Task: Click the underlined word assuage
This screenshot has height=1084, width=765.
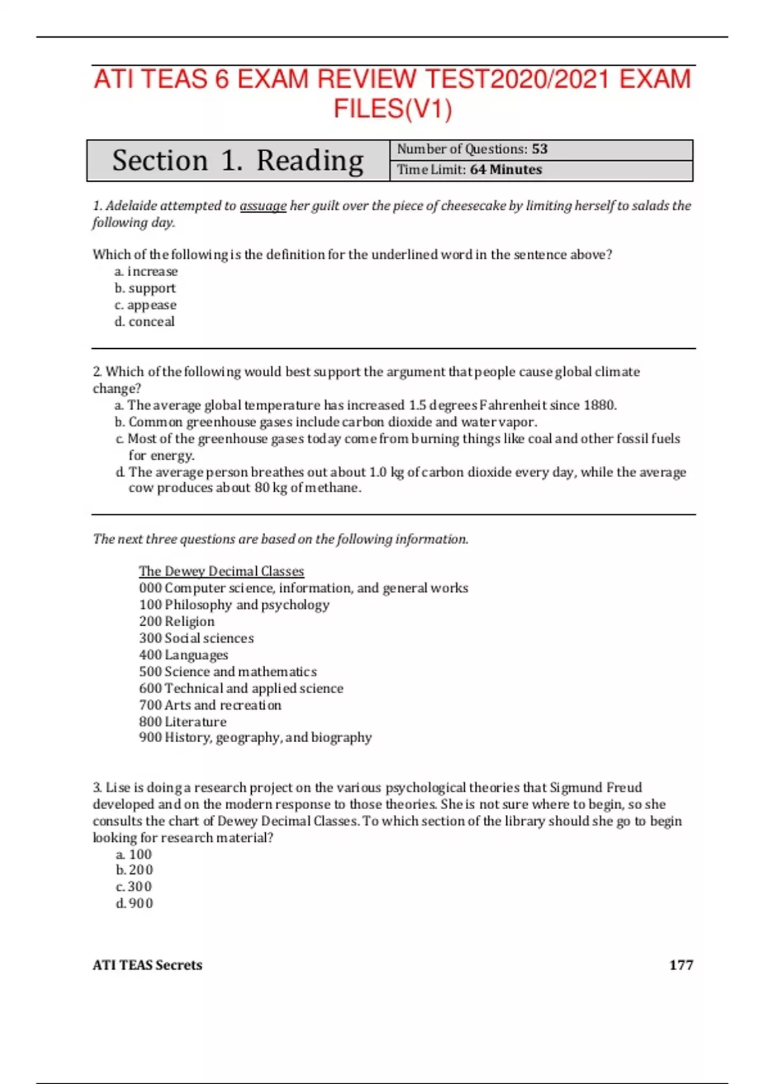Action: (263, 206)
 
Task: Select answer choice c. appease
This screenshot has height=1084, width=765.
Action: (145, 305)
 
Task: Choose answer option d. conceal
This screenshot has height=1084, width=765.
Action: (144, 322)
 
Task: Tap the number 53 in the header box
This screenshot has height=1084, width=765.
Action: (539, 149)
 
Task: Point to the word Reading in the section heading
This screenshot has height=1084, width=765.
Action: (310, 161)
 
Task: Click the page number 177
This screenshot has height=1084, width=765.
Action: (681, 965)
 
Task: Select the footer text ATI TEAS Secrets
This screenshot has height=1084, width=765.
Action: (147, 965)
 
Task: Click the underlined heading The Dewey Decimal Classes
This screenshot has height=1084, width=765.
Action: (221, 571)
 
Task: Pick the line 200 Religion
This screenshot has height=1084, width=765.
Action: (177, 622)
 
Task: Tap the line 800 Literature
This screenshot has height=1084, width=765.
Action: (182, 722)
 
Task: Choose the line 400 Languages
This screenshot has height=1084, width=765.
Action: (183, 655)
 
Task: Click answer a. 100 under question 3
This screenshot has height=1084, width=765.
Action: (134, 854)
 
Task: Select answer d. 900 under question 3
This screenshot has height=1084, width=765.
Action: (135, 904)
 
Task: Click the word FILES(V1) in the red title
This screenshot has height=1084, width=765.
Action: (393, 109)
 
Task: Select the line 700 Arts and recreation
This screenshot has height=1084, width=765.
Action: (210, 705)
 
